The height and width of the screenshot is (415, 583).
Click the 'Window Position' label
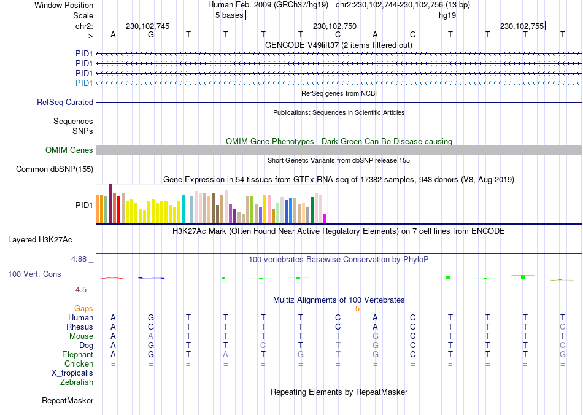64,5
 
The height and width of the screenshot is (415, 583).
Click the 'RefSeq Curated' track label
65,103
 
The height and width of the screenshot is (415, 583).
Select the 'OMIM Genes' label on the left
69,150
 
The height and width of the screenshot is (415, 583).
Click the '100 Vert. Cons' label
34,274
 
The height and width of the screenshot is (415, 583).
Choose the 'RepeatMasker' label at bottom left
68,401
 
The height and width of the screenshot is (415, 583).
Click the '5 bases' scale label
229,15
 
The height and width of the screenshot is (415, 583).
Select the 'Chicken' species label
79,364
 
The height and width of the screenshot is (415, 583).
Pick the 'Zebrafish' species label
77,382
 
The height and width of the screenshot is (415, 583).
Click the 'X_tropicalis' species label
72,373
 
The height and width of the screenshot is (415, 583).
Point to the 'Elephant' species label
77,355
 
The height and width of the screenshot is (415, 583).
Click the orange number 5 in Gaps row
357,308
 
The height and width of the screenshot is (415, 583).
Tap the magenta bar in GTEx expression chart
325,219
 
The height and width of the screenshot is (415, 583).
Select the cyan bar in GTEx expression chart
183,209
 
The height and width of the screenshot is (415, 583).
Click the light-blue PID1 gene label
84,83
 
